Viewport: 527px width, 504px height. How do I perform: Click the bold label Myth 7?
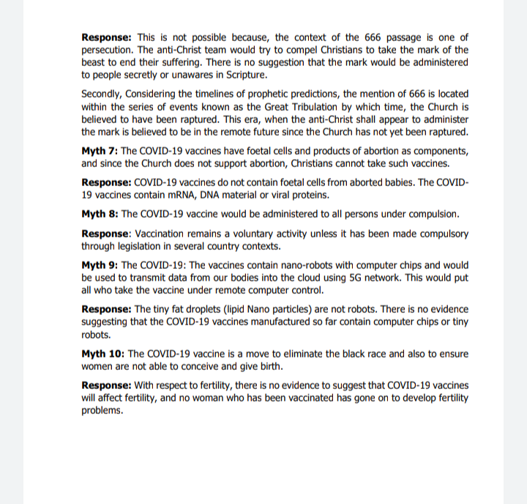(x=100, y=152)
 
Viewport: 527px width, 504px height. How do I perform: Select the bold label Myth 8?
(x=100, y=214)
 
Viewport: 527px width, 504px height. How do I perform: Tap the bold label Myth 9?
(x=100, y=265)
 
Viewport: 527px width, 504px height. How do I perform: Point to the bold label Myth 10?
(x=102, y=354)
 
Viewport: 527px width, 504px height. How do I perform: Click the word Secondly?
(x=102, y=94)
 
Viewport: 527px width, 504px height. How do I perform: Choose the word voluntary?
(x=227, y=234)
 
